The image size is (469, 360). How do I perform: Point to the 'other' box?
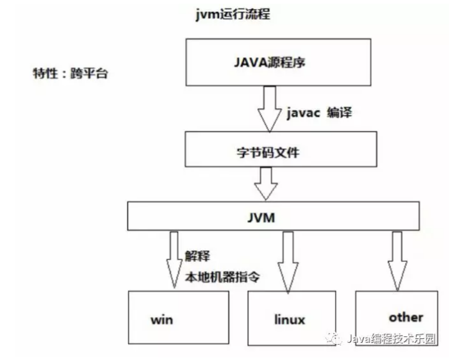point(405,317)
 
